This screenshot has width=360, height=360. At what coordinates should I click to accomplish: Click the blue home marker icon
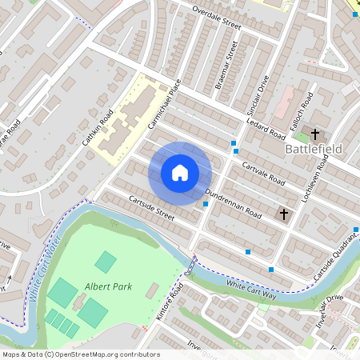pyautogui.click(x=180, y=173)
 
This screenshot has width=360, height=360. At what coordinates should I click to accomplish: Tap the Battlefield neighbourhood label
pyautogui.click(x=314, y=149)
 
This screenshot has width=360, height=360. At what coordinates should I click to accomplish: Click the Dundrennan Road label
pyautogui.click(x=233, y=204)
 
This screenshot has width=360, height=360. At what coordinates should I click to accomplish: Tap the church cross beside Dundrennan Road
pyautogui.click(x=283, y=214)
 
